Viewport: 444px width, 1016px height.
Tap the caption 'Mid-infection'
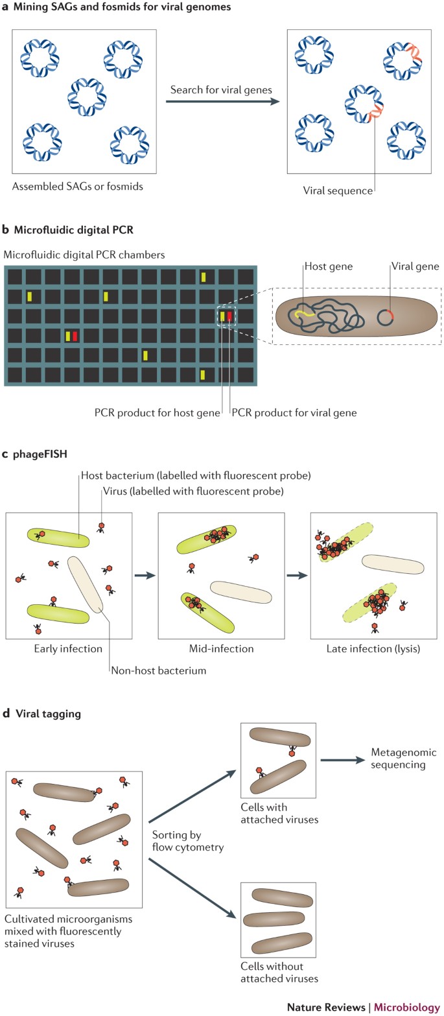click(221, 648)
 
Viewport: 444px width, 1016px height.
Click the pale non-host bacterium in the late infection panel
click(393, 564)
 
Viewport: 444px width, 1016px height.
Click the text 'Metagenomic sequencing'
click(403, 758)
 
